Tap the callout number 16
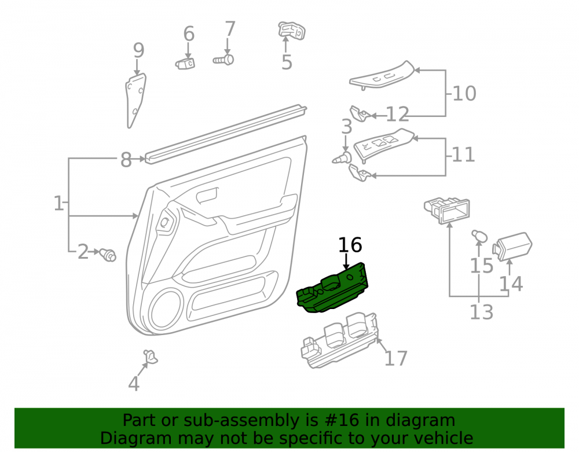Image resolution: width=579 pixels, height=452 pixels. (x=350, y=245)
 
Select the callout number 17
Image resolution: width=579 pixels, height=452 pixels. (x=396, y=358)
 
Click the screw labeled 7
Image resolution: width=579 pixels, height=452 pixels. (x=223, y=60)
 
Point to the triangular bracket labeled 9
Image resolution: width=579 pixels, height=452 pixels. (x=135, y=100)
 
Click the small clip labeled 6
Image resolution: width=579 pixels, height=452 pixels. (x=185, y=64)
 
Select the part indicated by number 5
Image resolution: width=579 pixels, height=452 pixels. (x=292, y=30)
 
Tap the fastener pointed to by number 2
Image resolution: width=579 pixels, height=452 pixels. (x=108, y=255)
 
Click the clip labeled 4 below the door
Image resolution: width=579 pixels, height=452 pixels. (x=151, y=357)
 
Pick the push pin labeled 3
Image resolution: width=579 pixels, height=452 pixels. (x=342, y=158)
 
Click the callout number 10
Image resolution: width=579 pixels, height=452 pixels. (x=464, y=93)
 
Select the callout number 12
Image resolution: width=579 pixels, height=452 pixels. (x=398, y=115)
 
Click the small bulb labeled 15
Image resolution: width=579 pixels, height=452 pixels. (x=479, y=236)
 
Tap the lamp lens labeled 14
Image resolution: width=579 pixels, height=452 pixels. (x=512, y=246)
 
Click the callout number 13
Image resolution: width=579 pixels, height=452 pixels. (x=482, y=312)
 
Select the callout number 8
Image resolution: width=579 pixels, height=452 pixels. (x=126, y=160)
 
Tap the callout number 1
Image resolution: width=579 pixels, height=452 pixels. (x=58, y=203)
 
